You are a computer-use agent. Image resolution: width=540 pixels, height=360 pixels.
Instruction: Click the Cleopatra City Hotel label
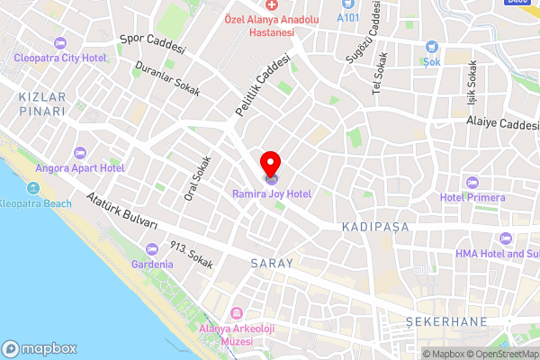tap(59, 58)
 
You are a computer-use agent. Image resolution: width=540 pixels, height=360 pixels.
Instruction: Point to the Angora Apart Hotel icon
tap(79, 152)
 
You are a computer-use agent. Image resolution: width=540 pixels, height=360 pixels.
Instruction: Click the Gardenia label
tap(152, 265)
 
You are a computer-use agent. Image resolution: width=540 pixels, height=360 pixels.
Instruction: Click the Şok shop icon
tap(432, 47)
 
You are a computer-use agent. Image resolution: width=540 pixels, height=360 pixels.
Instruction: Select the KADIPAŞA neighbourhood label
tap(375, 229)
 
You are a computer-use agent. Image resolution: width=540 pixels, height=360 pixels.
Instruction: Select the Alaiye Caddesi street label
tap(500, 124)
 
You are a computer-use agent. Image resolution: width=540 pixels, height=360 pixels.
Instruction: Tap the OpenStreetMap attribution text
tap(500, 354)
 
